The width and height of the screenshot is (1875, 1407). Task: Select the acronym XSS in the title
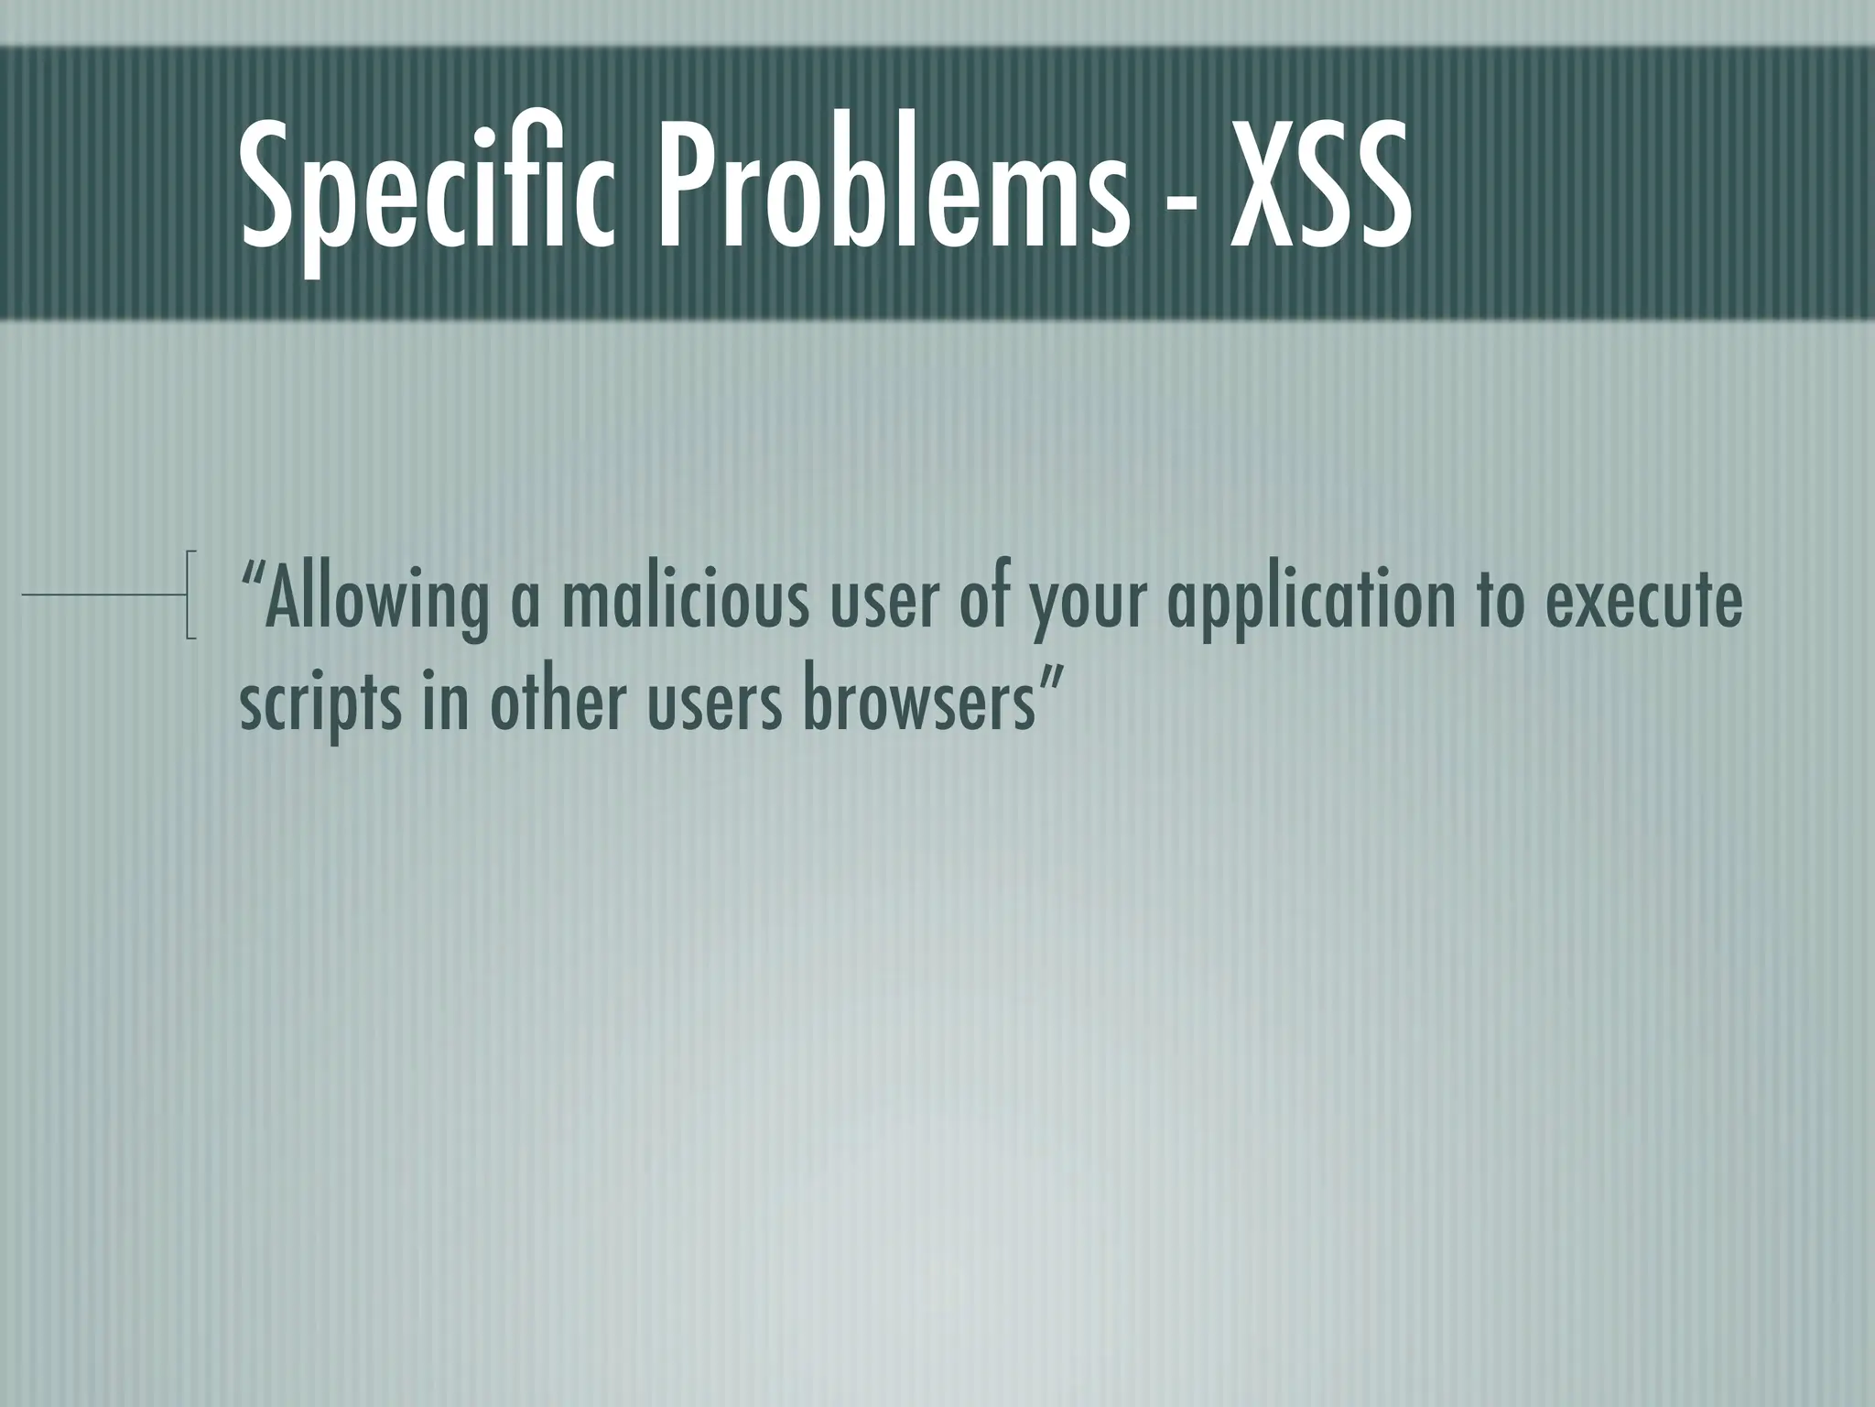point(1318,194)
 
